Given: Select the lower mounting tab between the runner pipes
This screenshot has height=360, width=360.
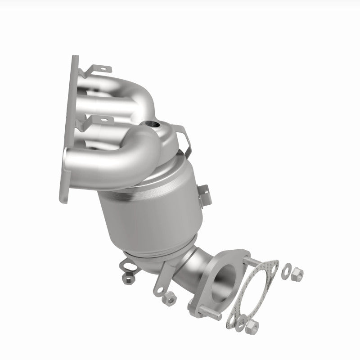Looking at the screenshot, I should [103, 120].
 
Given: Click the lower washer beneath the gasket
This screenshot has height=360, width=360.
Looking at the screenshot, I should [242, 322].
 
